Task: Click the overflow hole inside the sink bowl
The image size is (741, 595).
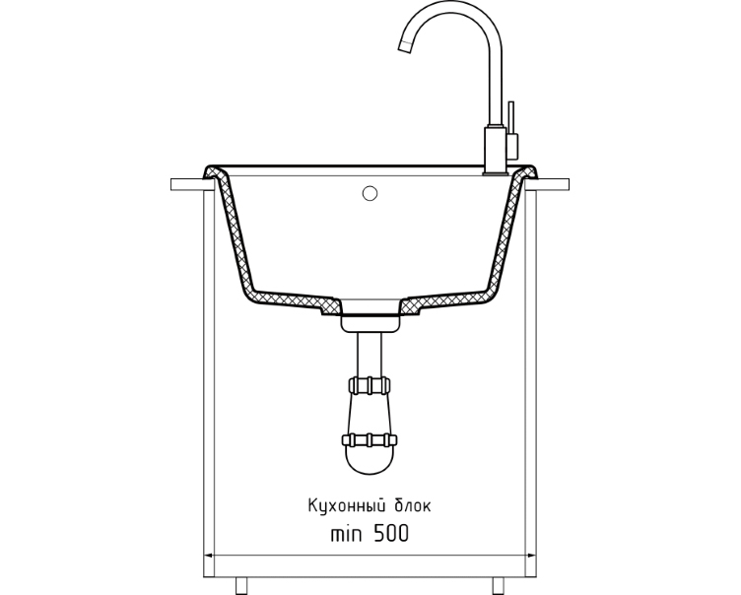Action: click(370, 193)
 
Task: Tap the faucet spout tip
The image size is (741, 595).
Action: click(405, 45)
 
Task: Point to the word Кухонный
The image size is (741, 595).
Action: click(345, 505)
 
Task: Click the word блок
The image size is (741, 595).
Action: click(412, 505)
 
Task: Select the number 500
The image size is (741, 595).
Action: click(391, 534)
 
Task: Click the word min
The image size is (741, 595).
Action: click(347, 535)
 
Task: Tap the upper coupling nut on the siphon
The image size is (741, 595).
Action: click(370, 385)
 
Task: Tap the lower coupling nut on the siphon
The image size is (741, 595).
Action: click(370, 440)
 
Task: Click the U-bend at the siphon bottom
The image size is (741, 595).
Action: click(370, 461)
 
